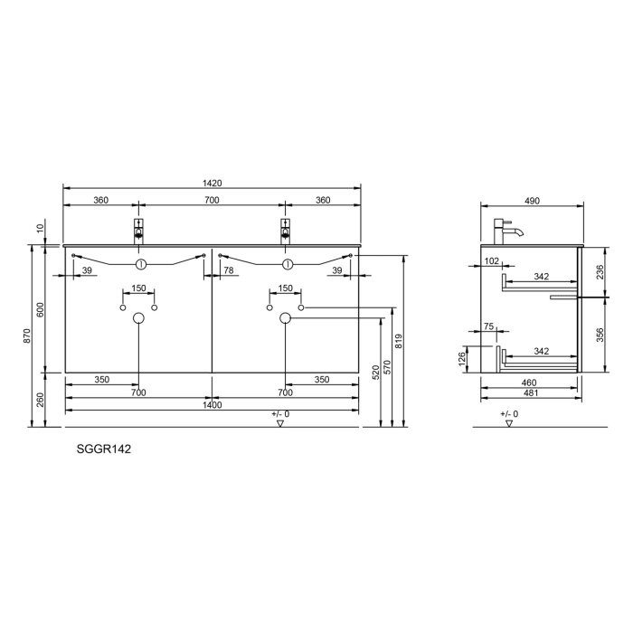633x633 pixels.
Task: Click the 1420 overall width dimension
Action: coord(212,183)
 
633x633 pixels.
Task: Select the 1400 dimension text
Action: coord(212,406)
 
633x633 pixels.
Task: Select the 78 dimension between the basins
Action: coord(229,270)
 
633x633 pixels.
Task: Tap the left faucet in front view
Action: coord(138,230)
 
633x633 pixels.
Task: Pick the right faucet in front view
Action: coord(285,230)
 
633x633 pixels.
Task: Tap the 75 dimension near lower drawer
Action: coord(488,326)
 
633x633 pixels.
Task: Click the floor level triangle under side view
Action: coord(510,422)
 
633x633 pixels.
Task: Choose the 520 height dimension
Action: coord(375,371)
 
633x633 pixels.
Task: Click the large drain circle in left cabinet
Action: coord(138,318)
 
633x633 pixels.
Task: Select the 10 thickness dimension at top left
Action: coord(41,231)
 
